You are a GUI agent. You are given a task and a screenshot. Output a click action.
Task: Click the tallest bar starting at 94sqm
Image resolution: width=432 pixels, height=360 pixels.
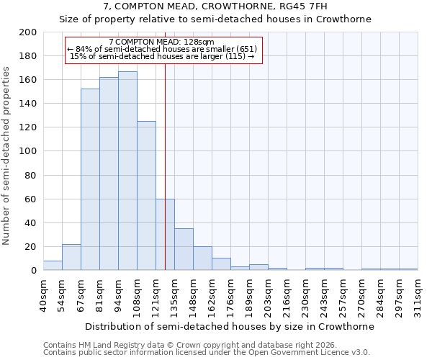pyautogui.click(x=127, y=171)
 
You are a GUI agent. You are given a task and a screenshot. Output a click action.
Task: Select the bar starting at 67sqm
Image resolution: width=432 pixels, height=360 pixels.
pyautogui.click(x=90, y=179)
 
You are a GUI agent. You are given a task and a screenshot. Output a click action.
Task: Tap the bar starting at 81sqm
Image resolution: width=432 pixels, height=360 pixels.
pyautogui.click(x=109, y=174)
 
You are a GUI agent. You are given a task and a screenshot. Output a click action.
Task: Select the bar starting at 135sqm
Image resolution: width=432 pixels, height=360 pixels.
pyautogui.click(x=184, y=249)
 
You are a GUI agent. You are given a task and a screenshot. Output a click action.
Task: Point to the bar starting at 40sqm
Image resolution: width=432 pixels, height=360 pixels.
pyautogui.click(x=53, y=265)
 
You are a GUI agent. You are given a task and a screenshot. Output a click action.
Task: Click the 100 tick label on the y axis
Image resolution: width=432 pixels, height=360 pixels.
pyautogui.click(x=27, y=151)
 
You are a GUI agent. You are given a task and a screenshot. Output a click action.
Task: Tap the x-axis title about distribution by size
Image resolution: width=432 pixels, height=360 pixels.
pyautogui.click(x=230, y=326)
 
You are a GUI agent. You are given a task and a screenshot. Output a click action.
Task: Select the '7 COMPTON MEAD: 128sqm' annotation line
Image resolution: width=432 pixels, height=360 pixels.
pyautogui.click(x=161, y=42)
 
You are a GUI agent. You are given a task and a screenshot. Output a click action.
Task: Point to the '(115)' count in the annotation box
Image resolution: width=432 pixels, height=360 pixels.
pyautogui.click(x=235, y=56)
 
